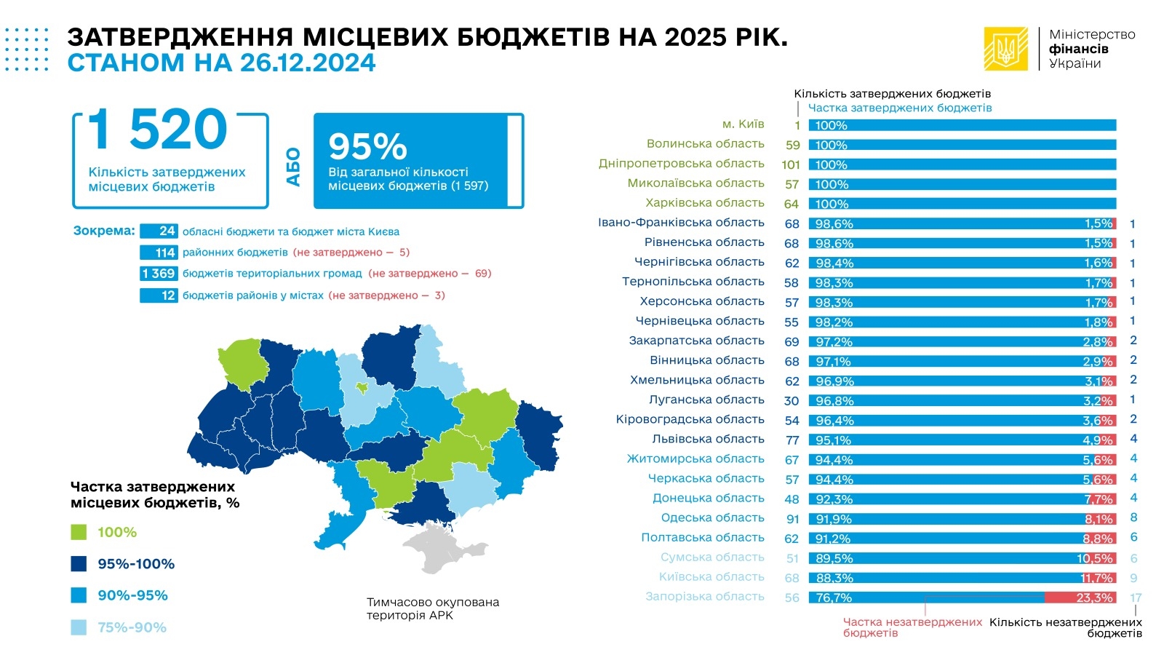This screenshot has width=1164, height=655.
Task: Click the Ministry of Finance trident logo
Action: [1006, 49]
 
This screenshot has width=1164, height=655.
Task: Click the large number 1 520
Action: [158, 130]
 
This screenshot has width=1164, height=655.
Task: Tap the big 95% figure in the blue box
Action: [367, 146]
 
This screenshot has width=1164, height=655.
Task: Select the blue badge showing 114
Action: [159, 253]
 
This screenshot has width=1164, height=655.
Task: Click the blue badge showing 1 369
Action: [159, 274]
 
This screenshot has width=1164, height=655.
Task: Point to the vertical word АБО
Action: [293, 167]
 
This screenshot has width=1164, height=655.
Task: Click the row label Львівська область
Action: [708, 439]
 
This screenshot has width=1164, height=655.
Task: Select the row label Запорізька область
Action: [705, 597]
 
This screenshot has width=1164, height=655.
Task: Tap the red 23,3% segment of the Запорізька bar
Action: [1080, 598]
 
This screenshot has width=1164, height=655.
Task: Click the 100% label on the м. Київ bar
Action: [831, 125]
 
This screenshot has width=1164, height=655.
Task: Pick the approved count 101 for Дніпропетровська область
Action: [791, 164]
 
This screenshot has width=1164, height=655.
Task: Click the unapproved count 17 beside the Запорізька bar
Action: [1136, 598]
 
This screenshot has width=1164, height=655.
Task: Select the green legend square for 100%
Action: [79, 532]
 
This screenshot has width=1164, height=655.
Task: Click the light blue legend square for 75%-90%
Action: [79, 627]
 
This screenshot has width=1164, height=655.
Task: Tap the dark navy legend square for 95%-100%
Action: [79, 564]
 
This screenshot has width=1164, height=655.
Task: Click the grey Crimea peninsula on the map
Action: [437, 550]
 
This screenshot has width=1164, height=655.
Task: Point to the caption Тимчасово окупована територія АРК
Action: [433, 608]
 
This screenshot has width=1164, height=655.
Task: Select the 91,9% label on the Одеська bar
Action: [833, 519]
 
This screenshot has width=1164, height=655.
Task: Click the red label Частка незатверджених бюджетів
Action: [912, 627]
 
